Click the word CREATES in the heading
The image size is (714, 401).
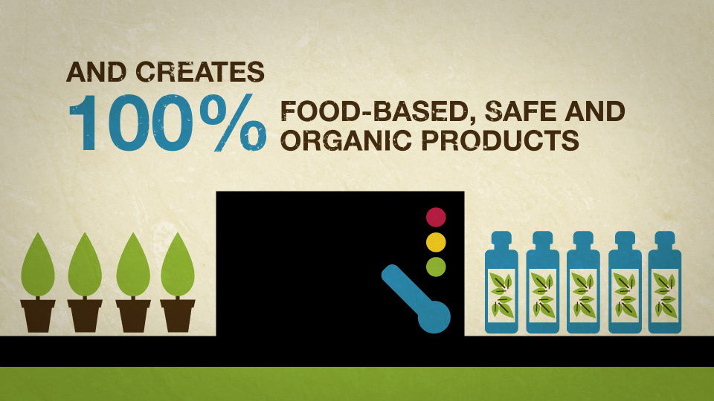[200, 72]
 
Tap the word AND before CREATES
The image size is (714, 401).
[97, 72]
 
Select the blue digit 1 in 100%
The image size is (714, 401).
[84, 123]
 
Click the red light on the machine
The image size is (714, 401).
[436, 217]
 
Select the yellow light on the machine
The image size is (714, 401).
[436, 242]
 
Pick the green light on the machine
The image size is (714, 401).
[436, 267]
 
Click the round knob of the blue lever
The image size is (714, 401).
[434, 316]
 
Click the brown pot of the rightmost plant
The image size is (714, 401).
[178, 316]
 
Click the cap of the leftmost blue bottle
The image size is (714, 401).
[501, 240]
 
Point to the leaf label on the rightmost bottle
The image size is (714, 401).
[665, 295]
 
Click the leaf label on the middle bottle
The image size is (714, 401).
[583, 295]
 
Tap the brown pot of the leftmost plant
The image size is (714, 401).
[38, 316]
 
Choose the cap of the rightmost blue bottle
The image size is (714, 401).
[665, 240]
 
